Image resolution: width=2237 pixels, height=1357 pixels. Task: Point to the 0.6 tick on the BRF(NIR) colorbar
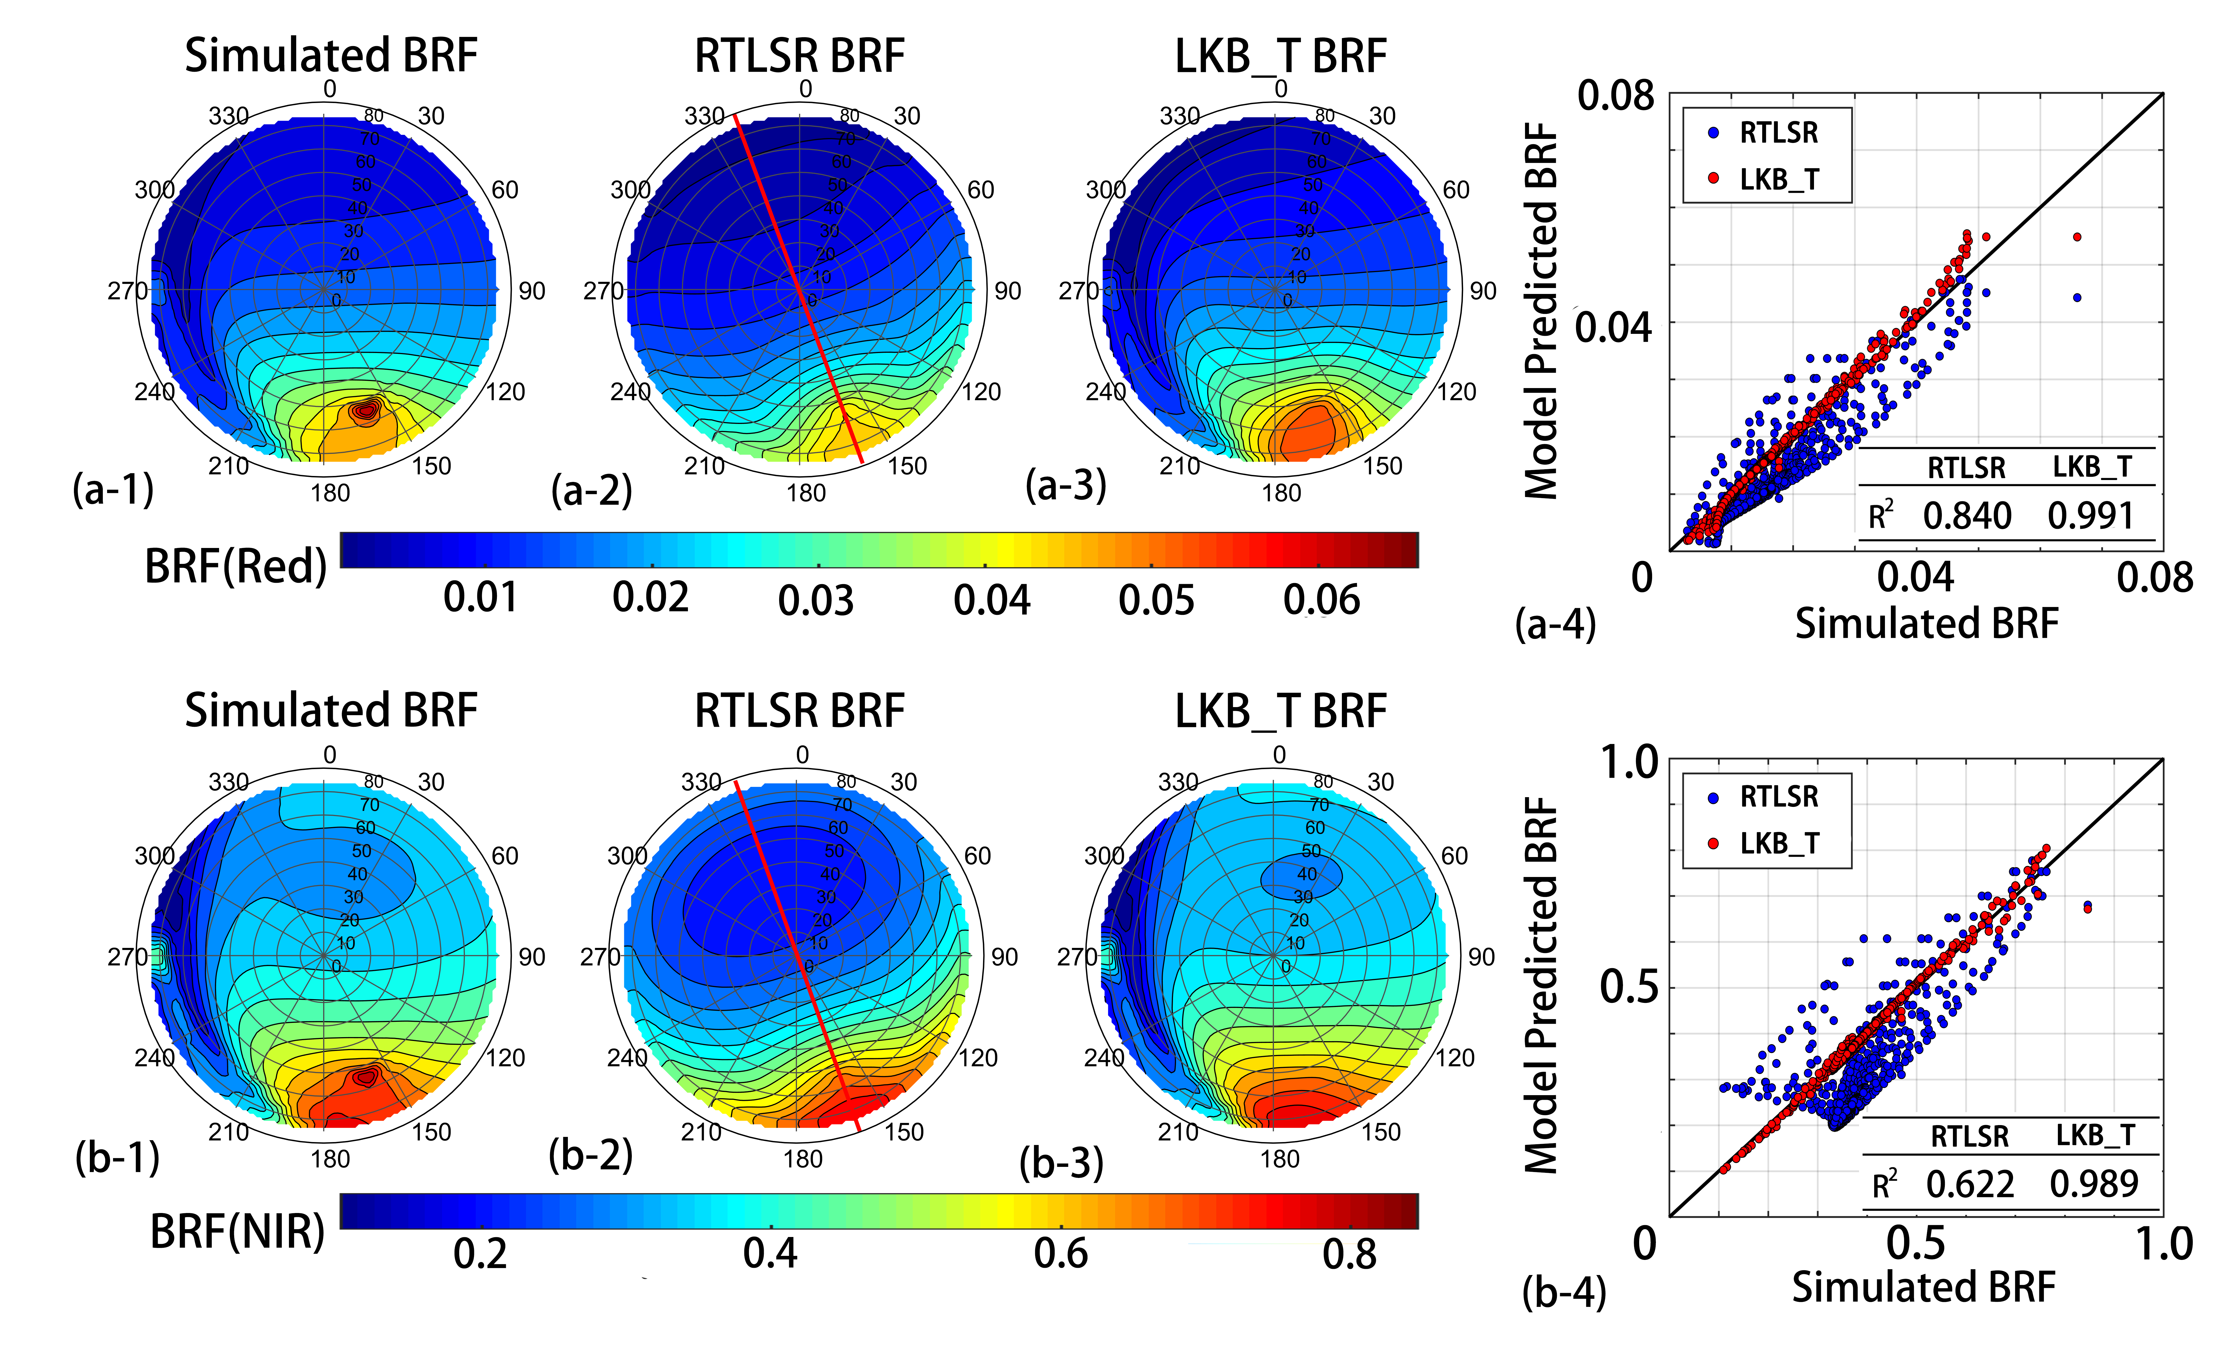pos(1060,1253)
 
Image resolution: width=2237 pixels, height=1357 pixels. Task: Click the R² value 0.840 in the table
pos(1967,516)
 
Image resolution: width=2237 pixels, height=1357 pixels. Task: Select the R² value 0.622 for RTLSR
pos(1970,1184)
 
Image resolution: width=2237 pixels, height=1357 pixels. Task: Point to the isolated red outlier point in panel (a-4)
pos(2077,237)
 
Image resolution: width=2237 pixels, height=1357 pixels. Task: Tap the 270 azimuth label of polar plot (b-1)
pos(127,957)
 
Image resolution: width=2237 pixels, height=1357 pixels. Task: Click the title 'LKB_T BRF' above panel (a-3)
pos(1280,56)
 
